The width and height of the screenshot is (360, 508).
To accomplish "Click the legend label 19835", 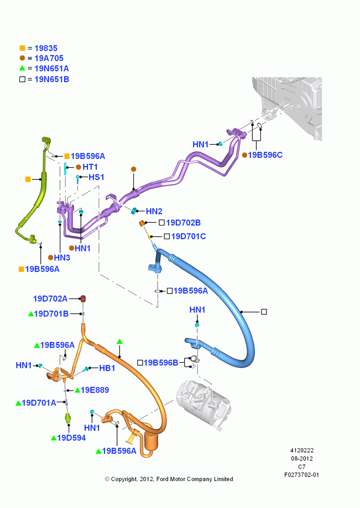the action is [x=46, y=48].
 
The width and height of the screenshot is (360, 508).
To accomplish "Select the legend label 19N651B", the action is [x=51, y=79].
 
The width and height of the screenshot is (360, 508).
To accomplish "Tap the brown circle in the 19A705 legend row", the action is [x=22, y=58].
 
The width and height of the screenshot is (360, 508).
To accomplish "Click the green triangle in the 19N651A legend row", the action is [x=22, y=68].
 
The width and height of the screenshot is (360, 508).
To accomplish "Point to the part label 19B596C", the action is [x=265, y=155].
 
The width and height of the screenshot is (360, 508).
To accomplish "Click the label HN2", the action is [x=154, y=211].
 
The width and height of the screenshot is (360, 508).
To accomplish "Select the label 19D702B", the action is [x=183, y=223].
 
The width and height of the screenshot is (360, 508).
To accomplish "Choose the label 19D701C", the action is [x=189, y=237].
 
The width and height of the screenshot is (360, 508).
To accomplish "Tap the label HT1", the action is [x=90, y=167].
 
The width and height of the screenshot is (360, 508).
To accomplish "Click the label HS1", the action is [x=96, y=177].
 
